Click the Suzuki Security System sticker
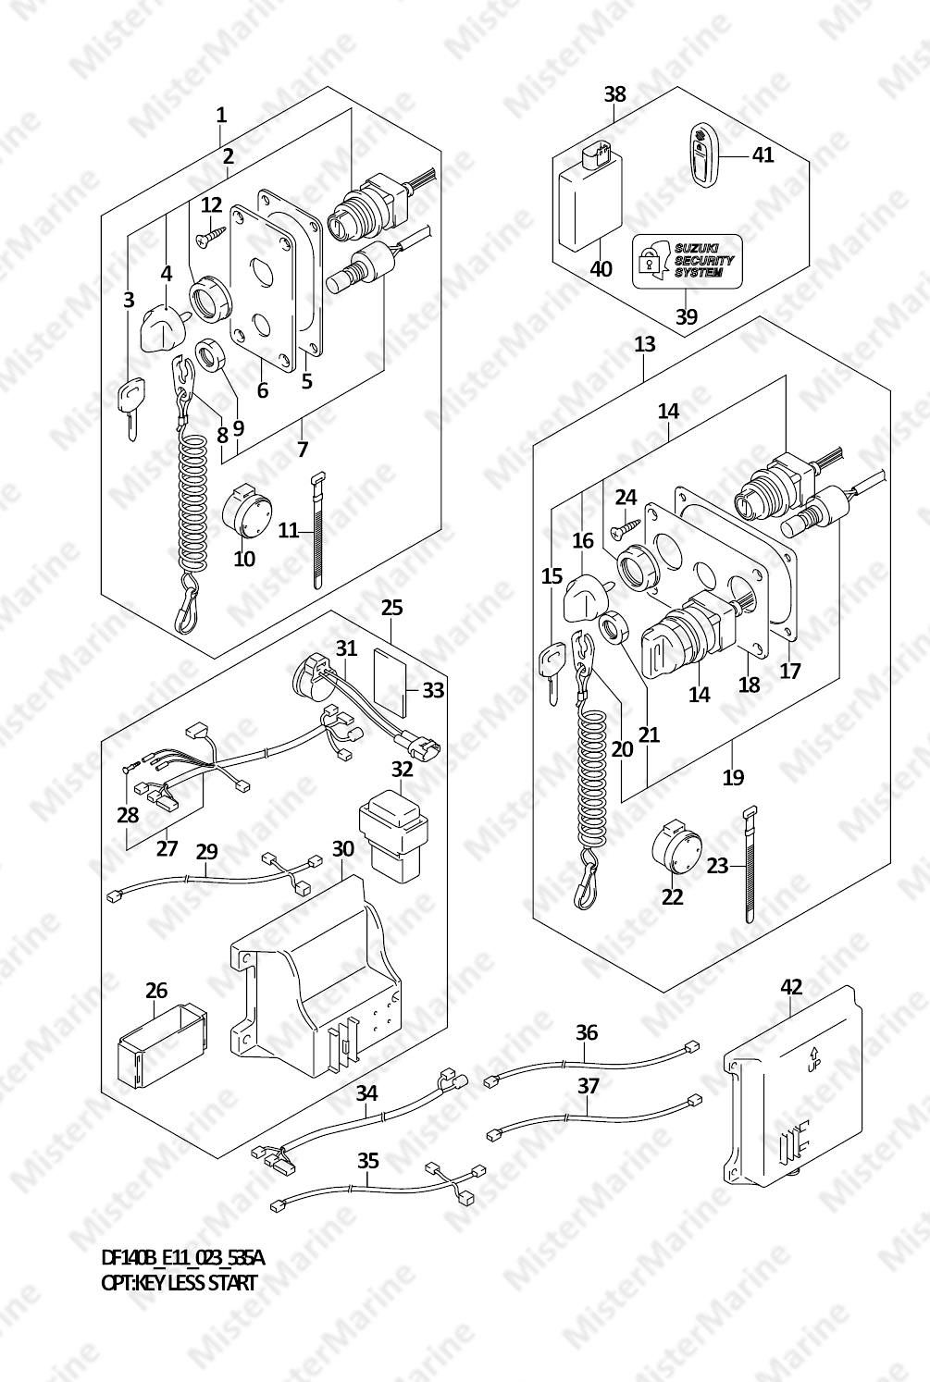click(x=686, y=261)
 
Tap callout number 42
click(x=791, y=988)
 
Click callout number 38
click(x=615, y=93)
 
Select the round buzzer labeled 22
click(x=678, y=848)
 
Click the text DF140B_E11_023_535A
click(x=182, y=1258)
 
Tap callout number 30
click(x=342, y=847)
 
